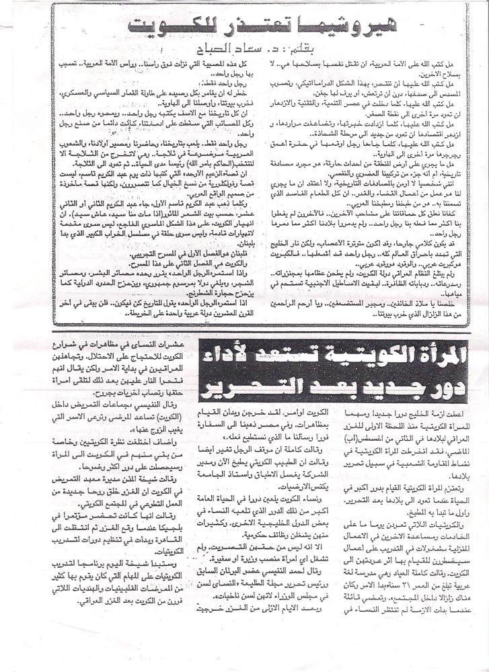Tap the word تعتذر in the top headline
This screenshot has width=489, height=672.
point(243,26)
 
